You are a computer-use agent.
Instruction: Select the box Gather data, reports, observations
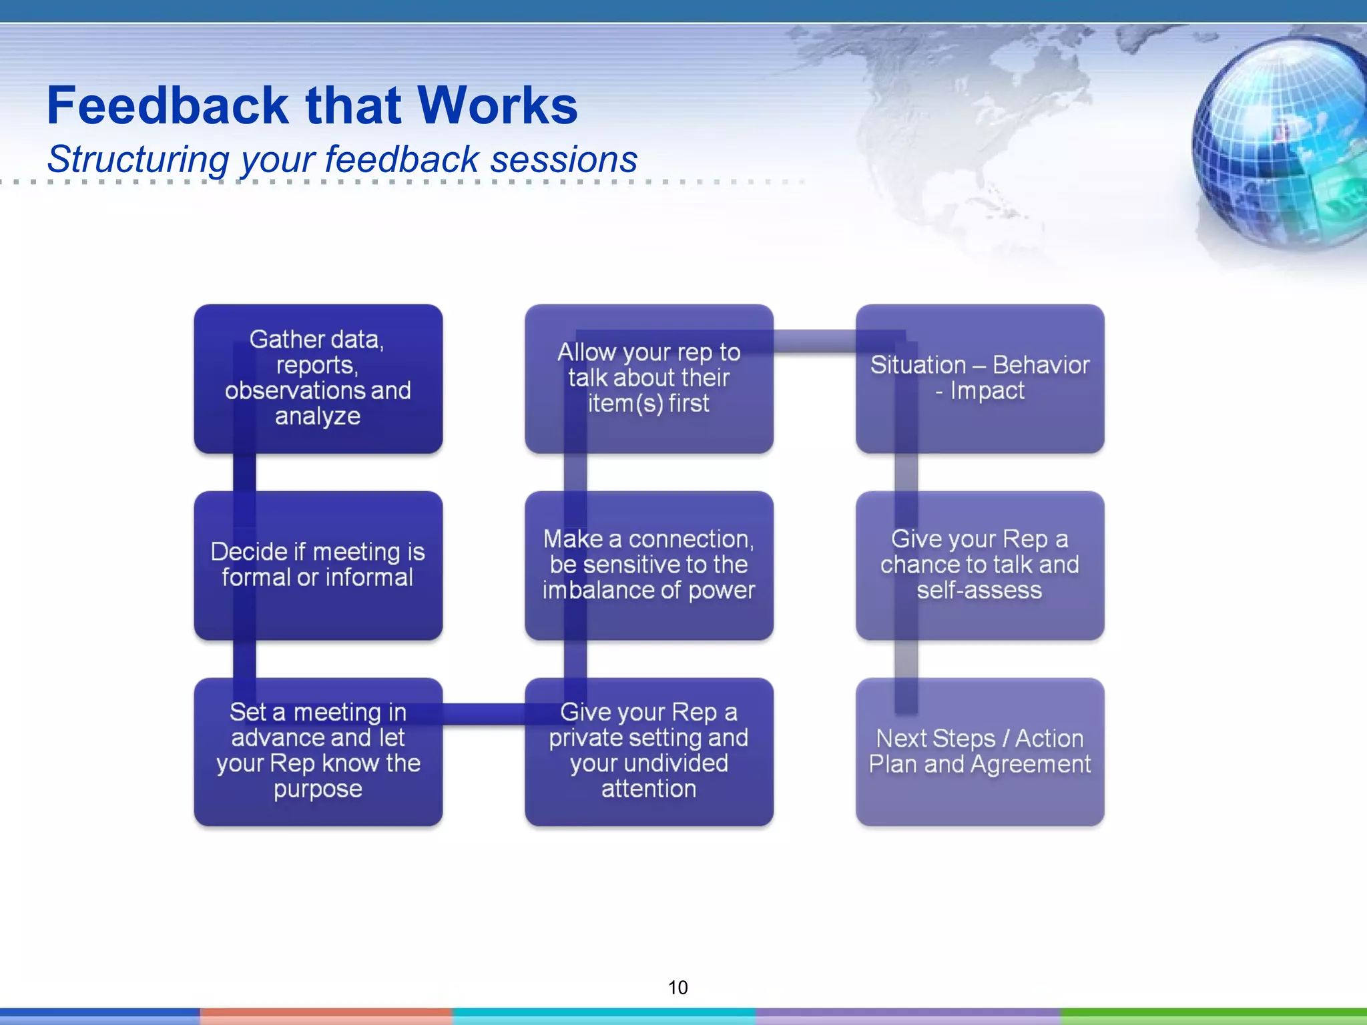pos(318,378)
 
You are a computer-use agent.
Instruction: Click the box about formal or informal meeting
pos(318,565)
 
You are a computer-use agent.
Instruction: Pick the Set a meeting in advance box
pos(318,751)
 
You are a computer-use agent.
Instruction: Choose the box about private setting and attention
pos(649,751)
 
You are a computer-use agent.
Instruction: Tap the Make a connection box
pos(649,565)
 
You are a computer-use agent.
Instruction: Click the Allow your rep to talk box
pos(649,378)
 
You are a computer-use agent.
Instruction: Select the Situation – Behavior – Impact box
pos(980,378)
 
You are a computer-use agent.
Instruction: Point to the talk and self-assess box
pos(980,565)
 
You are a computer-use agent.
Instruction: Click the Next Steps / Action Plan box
pos(980,751)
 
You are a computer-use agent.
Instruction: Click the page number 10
pos(677,988)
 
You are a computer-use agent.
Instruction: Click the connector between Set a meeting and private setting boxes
pos(483,714)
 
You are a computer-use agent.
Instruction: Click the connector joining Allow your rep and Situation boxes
pos(814,341)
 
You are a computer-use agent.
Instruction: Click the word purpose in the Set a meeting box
pos(318,789)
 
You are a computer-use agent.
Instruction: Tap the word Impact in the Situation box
pos(987,391)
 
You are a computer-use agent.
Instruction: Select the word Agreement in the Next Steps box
pos(1031,765)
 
